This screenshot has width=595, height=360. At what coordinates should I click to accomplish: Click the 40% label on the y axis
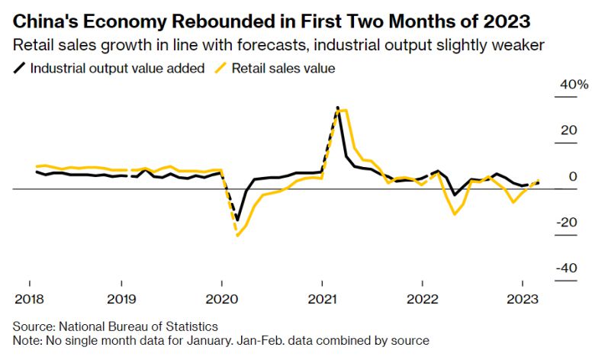(574, 84)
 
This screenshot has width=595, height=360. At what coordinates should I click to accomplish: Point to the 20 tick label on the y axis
(568, 130)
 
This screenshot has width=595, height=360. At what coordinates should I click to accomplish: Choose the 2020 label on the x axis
(220, 297)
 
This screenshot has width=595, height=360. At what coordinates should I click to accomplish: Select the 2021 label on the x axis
(321, 297)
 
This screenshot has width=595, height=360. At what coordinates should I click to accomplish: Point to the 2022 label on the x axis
(421, 297)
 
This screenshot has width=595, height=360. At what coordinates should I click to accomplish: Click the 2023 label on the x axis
(521, 297)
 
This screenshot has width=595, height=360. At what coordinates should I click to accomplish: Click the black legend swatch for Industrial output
(19, 68)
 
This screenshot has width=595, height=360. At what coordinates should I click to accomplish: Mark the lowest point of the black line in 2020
(237, 220)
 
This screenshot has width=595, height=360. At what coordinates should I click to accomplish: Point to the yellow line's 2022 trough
(455, 214)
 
